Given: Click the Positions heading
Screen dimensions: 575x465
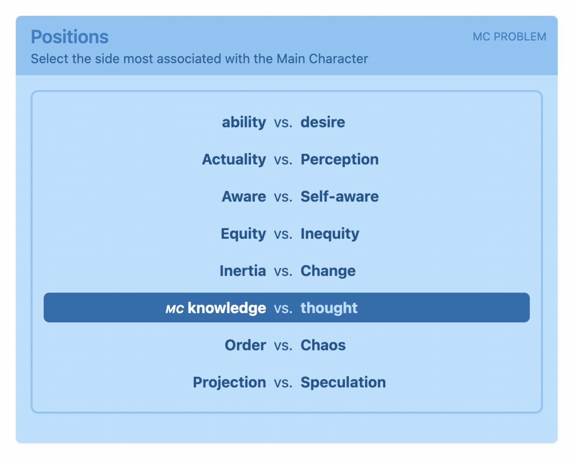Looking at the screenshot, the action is coord(70,37).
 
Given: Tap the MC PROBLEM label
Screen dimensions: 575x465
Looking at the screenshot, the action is coord(509,37).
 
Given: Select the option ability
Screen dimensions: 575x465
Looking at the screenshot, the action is coord(244,123).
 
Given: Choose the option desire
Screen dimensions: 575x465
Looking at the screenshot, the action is coord(323,122).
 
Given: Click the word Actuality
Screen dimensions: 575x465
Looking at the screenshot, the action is coord(234,160).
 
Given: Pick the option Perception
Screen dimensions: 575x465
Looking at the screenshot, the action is coord(340,160).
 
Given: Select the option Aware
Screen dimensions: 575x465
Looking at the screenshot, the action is coord(244,196).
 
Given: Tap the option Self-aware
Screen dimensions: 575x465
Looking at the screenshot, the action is coord(340,196).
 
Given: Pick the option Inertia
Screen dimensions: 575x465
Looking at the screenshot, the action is coord(243,271).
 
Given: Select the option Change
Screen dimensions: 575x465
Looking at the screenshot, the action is coord(328,271).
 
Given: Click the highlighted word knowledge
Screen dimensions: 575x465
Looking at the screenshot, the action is coord(227,308).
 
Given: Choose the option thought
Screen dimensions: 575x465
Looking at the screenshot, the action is coord(329,308).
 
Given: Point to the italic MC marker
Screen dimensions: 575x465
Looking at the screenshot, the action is coord(175,309).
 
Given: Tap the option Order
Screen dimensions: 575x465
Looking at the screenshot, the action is coord(246,345).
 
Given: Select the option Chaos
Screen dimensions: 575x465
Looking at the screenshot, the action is coord(323,345).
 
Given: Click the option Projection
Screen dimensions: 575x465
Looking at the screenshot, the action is coord(229,383).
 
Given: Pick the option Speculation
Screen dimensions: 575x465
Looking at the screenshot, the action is coord(343,383).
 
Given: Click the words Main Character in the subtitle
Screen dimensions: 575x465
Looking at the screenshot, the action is coord(322,59).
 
